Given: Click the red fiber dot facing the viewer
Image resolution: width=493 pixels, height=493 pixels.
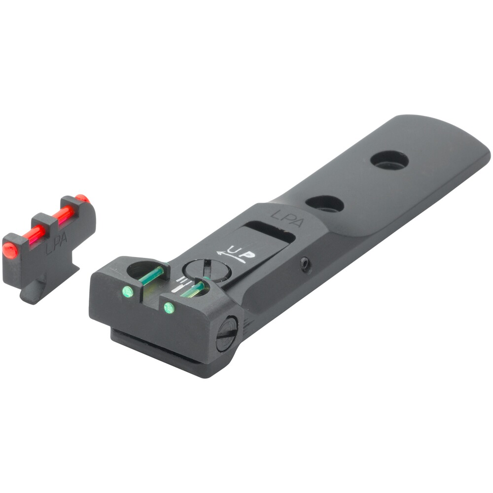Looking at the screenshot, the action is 10,250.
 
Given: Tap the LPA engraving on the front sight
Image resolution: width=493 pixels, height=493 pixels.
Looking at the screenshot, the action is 56,244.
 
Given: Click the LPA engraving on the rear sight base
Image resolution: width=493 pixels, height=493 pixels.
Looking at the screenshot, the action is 287,218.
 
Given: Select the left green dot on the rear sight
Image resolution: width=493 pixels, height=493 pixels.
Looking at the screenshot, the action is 127,291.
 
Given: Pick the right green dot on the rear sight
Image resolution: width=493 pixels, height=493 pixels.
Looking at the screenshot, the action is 169,308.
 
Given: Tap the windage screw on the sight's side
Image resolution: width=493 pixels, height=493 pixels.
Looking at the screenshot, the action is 226,334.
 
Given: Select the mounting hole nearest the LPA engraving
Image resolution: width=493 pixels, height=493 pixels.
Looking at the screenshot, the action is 324,204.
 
